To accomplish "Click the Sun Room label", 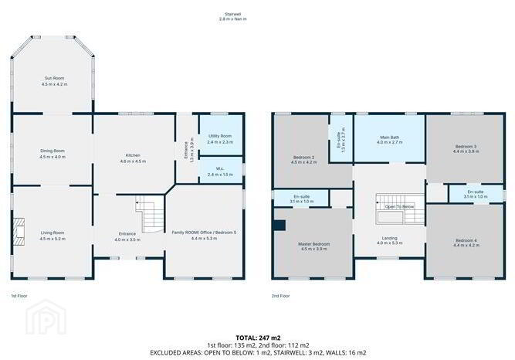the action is coord(55,78).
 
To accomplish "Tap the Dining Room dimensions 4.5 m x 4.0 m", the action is coord(53,157).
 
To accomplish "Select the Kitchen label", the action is coord(133,155).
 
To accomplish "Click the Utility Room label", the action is coord(220,136).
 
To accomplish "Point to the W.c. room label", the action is coord(220,168).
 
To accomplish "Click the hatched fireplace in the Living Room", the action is coord(19,231).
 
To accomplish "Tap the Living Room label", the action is coord(53,233).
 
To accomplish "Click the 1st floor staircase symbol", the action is coord(150,214).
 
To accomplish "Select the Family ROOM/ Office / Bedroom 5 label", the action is coord(204,233).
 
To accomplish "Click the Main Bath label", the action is coord(390,137).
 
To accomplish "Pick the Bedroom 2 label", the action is coord(303,157).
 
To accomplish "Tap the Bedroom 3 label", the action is coord(466,146).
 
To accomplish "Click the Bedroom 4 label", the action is coord(466,240).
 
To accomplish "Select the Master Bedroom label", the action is coord(313,244).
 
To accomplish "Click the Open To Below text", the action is coord(399,207).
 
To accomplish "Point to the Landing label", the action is coord(390,238).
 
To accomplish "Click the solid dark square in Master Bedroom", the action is coord(280,226).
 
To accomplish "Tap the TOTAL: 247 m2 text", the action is coord(258,338).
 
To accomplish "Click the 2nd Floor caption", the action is coord(280,296).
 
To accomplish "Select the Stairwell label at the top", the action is coord(233,14).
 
